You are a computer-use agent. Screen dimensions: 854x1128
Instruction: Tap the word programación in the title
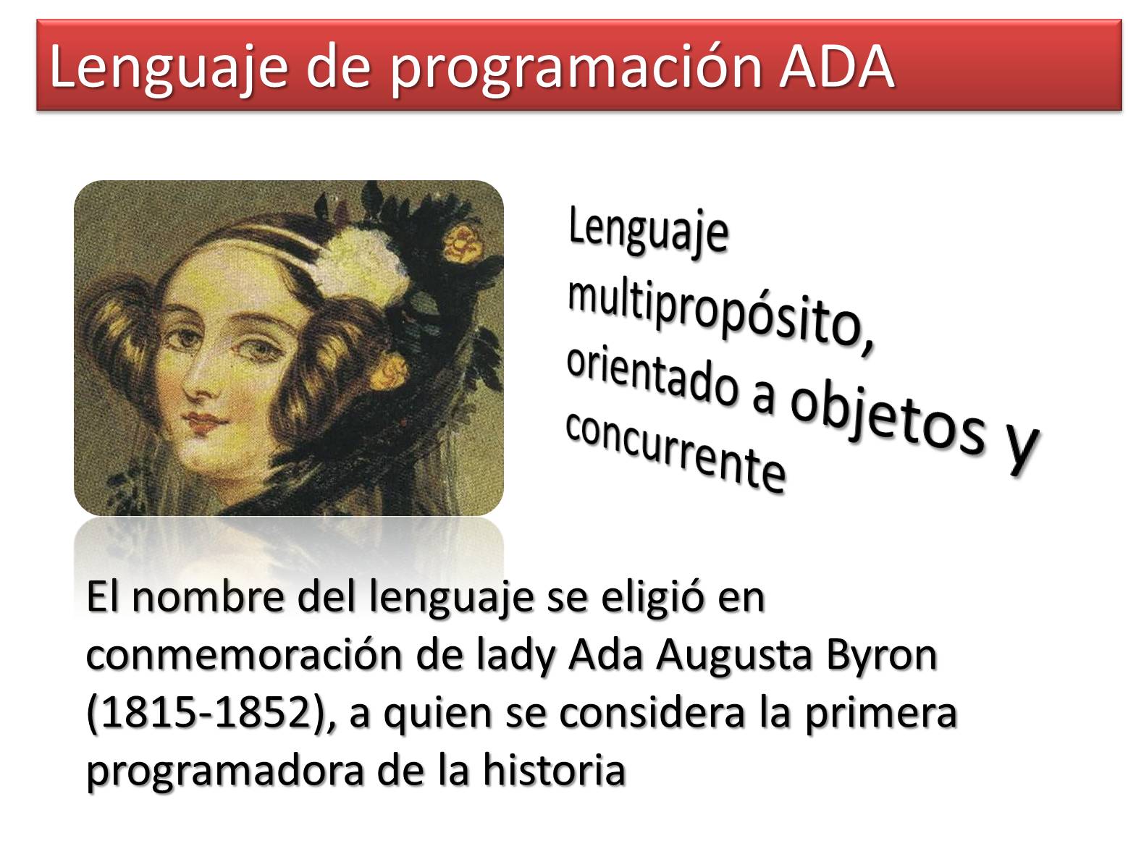[x=576, y=71]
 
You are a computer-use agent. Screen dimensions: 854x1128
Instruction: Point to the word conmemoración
[x=245, y=656]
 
